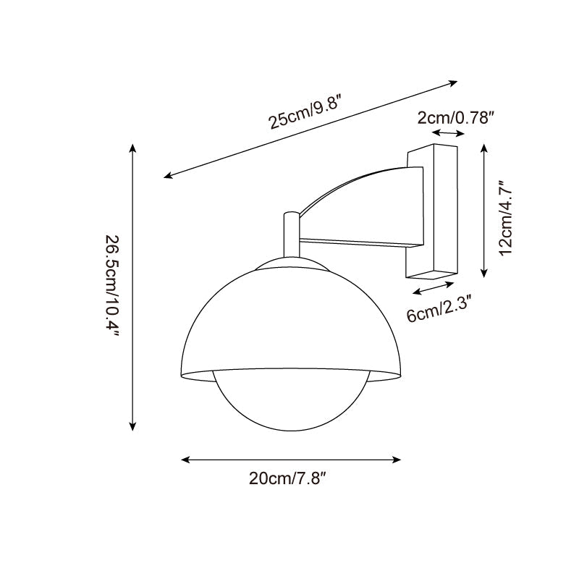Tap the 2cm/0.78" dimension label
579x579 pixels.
455,117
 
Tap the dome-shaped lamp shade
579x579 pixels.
289,318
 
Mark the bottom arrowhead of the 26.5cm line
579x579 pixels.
132,428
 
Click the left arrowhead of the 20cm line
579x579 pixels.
185,459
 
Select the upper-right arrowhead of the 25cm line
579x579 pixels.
455,82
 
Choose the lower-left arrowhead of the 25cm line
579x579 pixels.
167,176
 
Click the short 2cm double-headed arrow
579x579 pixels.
449,134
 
